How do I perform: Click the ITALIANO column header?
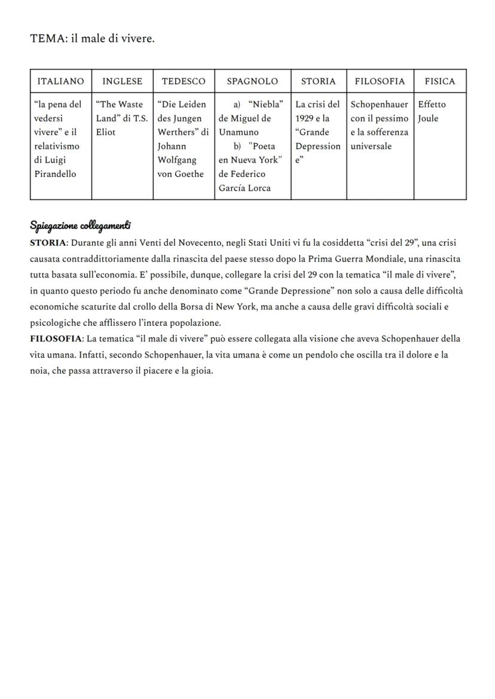coord(60,81)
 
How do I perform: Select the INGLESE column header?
coord(122,81)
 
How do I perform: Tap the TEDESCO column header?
coord(184,81)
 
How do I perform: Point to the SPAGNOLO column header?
coord(252,81)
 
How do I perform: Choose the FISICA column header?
coord(439,81)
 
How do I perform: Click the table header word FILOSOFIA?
coord(380,81)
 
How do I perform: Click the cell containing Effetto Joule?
coord(432,111)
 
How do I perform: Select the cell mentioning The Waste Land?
coord(122,118)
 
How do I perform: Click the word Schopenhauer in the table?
coord(379,105)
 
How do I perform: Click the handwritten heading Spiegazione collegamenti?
coord(81,225)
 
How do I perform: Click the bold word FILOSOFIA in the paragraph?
coord(55,339)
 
